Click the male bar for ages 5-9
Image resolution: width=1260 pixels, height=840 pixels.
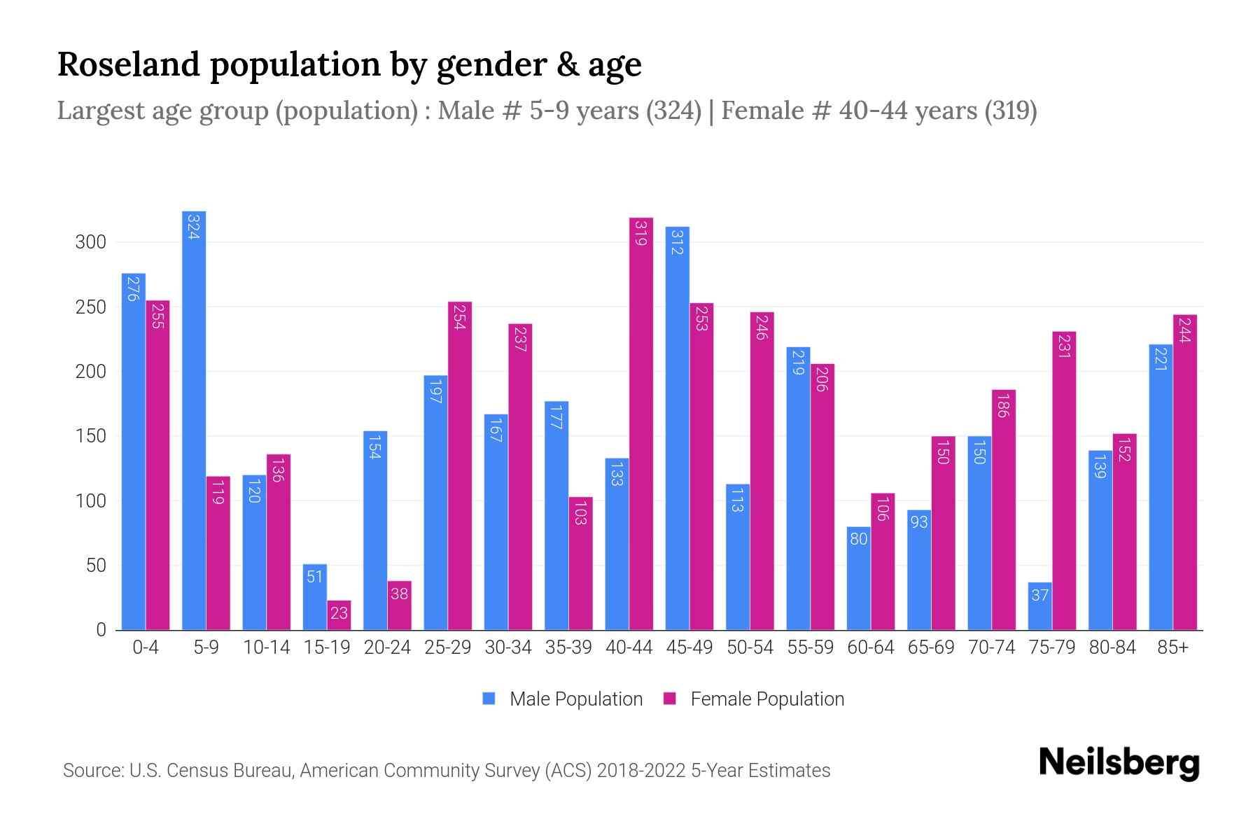(194, 420)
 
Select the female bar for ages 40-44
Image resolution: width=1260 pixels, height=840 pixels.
(641, 423)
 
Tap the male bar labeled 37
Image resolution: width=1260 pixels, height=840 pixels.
(1040, 606)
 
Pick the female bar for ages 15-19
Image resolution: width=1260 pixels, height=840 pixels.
(339, 615)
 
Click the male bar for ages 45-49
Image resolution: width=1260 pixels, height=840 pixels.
(677, 428)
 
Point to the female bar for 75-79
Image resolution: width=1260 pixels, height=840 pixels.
(1064, 480)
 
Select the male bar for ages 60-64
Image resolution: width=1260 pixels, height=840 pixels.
(858, 578)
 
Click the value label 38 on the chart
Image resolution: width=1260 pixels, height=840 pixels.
(399, 594)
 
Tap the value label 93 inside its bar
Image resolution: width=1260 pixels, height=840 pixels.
(918, 522)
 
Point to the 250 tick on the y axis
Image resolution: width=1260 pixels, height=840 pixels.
(91, 307)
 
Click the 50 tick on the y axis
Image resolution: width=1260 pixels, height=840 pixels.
(96, 566)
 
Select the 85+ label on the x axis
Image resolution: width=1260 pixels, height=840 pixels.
(1172, 647)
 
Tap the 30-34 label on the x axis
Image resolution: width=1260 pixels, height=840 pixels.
(508, 647)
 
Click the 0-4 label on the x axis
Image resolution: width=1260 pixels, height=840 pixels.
(146, 647)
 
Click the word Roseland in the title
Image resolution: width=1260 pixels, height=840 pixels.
(128, 64)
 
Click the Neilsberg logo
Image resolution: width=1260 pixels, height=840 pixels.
(1119, 763)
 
